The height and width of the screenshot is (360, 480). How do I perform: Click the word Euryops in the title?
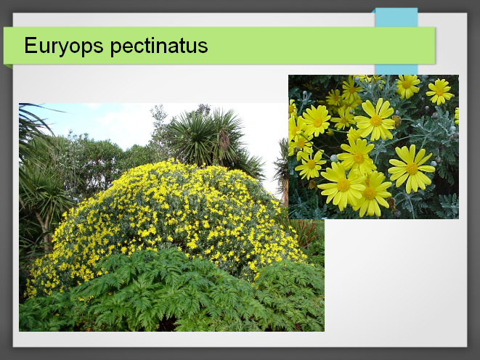tap(64, 46)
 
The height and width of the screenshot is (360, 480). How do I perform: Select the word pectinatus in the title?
tap(159, 46)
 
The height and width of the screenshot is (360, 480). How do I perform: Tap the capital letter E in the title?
tap(30, 45)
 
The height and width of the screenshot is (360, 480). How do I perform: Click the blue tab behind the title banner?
tap(396, 41)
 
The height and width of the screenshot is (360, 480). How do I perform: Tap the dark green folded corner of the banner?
tap(8, 66)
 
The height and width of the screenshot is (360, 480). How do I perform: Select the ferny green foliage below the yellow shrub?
tap(171, 294)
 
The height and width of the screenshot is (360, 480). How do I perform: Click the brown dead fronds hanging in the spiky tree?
tap(224, 142)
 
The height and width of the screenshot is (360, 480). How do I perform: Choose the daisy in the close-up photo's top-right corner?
tap(439, 91)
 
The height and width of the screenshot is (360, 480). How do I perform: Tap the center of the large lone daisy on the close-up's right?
tap(412, 168)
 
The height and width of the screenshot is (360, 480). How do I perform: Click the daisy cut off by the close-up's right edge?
tap(457, 116)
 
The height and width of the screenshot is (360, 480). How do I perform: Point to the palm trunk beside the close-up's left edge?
tap(285, 189)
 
